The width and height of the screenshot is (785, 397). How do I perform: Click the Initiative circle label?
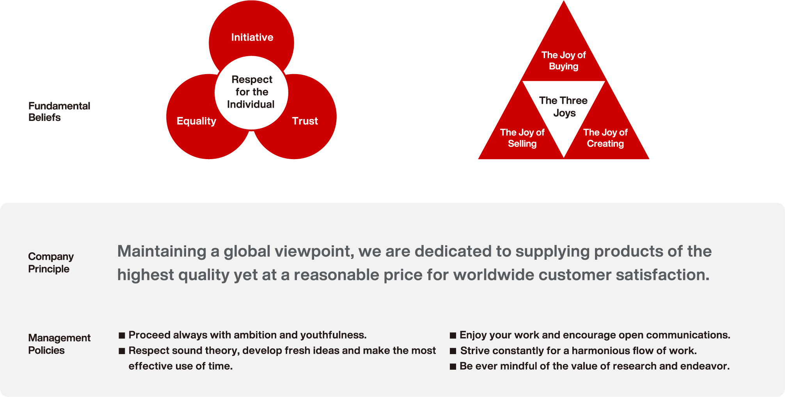tap(252, 37)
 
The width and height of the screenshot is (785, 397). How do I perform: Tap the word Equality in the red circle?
tap(196, 121)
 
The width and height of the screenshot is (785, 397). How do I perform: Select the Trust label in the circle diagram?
tap(305, 121)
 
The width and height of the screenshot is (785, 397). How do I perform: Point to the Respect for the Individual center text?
tap(251, 92)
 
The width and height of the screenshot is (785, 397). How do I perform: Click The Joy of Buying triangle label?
tap(563, 60)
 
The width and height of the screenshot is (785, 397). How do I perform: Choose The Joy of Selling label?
tap(522, 138)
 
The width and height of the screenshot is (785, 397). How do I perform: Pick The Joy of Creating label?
tap(605, 138)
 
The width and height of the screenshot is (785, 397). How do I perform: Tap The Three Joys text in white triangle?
tap(563, 106)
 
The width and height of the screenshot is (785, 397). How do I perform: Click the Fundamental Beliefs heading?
tap(59, 112)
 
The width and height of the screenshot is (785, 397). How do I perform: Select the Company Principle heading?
tap(51, 262)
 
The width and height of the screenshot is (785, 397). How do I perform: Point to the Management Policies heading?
tap(59, 344)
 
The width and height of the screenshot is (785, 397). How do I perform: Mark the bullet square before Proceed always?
tap(122, 335)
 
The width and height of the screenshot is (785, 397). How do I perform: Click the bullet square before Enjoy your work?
tap(453, 335)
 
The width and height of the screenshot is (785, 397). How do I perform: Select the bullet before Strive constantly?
tap(453, 351)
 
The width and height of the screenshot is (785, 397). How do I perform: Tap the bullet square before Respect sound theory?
tap(122, 351)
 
